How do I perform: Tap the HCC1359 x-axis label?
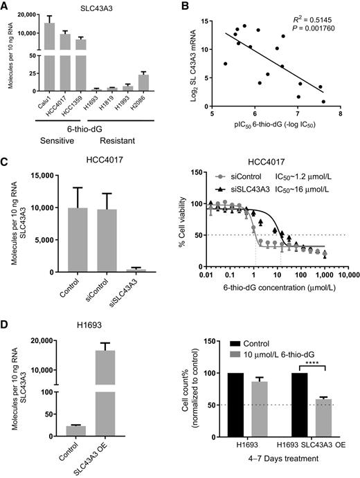click(x=82, y=104)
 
